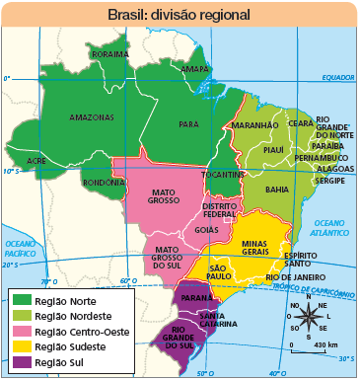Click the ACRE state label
pyautogui.click(x=36, y=159)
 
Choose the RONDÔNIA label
pyautogui.click(x=103, y=182)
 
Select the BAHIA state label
pyautogui.click(x=277, y=189)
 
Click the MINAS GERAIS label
pyautogui.click(x=254, y=247)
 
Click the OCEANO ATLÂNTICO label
pyautogui.click(x=329, y=228)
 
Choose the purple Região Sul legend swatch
pyautogui.click(x=21, y=363)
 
